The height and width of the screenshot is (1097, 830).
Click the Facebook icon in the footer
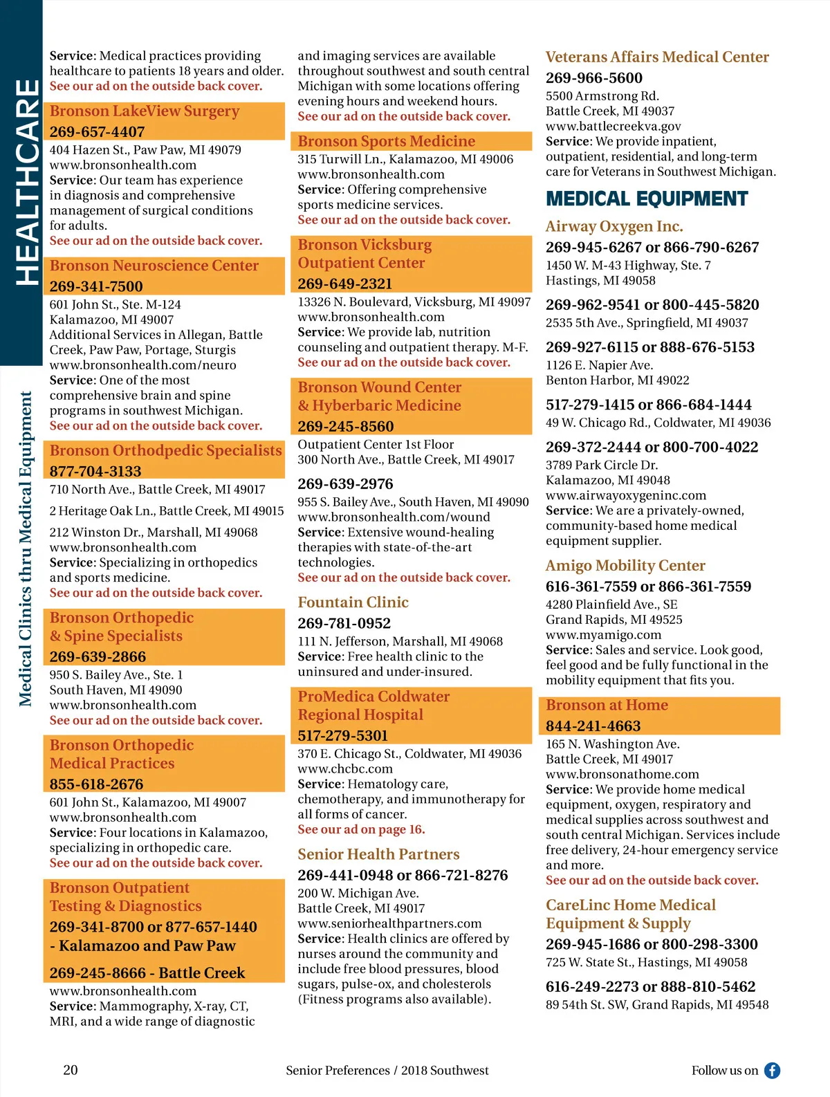772,1071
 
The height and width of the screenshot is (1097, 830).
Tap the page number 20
71,1070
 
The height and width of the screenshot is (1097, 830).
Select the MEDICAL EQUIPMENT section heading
647,199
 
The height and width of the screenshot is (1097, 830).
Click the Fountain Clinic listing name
353,602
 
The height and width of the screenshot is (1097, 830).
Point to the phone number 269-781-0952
344,623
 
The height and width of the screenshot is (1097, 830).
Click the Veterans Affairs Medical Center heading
657,57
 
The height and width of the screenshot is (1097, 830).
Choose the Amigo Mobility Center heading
625,566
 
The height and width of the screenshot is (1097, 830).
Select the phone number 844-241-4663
593,726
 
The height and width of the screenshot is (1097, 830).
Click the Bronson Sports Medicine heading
386,141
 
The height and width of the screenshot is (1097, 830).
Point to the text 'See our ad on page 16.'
361,829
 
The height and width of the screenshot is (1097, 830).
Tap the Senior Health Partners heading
378,854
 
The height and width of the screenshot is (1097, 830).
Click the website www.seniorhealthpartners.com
389,923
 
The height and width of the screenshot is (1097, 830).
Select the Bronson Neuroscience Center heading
154,266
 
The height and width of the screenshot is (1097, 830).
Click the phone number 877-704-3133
95,471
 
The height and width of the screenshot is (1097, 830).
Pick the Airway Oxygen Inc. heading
614,226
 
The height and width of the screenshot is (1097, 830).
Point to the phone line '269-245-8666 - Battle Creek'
147,973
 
